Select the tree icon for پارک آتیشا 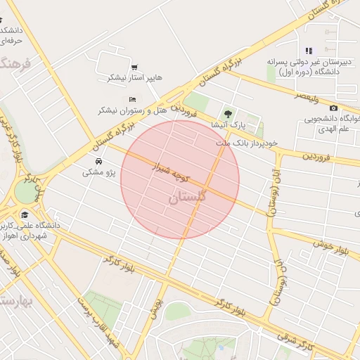click(x=226, y=113)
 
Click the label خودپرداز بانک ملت click(x=247, y=143)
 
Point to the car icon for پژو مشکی click(x=97, y=161)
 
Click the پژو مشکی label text click(x=98, y=172)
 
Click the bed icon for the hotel click(x=131, y=100)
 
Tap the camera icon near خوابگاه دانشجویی click(x=333, y=108)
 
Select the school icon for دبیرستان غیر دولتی click(x=308, y=51)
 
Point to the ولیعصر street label click(x=309, y=94)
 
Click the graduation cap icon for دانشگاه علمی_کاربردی click(x=25, y=215)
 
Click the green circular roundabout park click(x=25, y=192)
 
